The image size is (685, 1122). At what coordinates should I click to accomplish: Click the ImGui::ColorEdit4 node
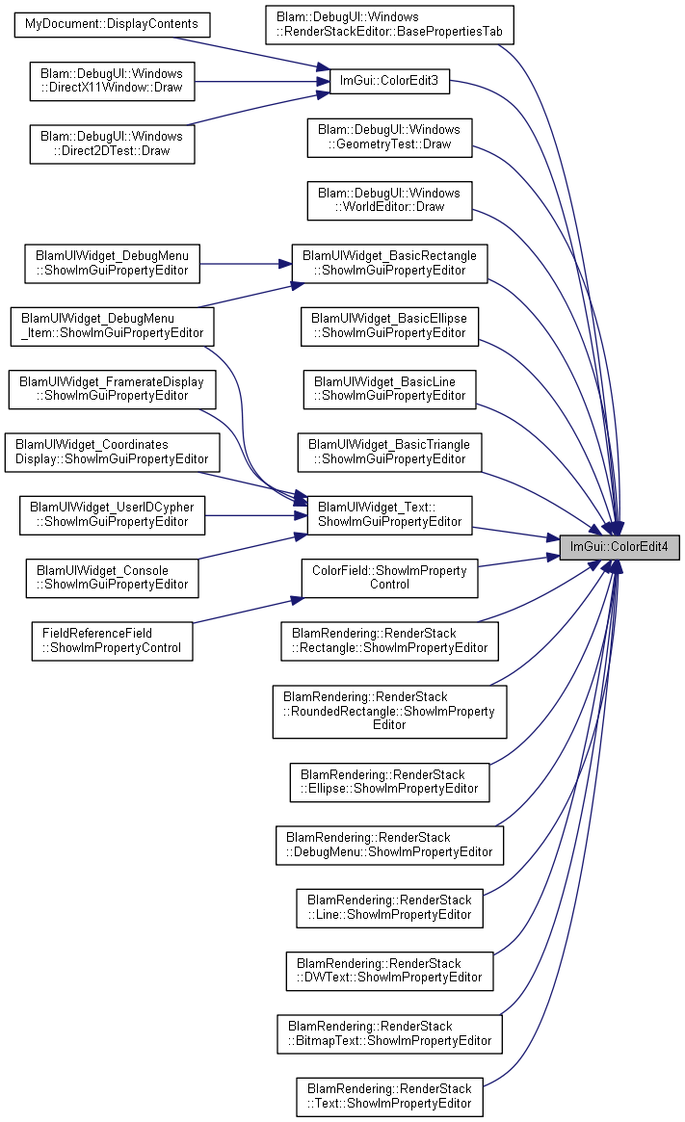tap(619, 547)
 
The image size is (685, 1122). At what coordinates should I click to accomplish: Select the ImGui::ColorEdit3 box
tap(389, 81)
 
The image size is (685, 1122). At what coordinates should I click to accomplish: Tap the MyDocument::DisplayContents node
tap(112, 24)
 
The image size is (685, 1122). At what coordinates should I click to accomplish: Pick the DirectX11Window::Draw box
tap(112, 81)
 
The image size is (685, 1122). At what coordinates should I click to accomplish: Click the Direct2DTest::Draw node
tap(112, 144)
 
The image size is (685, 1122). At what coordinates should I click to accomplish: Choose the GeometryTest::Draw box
tap(389, 138)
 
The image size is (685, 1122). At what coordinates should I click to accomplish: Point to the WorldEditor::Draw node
tap(389, 200)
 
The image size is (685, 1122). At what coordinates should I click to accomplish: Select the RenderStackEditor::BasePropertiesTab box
tap(389, 25)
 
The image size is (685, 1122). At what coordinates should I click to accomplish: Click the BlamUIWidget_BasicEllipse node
tap(389, 326)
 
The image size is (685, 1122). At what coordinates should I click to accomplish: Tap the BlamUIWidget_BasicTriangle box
tap(389, 453)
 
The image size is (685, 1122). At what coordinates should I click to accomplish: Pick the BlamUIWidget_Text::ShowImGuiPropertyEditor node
tap(389, 515)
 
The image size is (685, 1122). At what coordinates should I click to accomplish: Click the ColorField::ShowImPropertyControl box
tap(389, 578)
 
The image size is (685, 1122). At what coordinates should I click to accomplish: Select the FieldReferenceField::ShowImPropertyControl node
tap(112, 641)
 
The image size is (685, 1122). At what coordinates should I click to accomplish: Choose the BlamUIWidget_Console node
tap(112, 578)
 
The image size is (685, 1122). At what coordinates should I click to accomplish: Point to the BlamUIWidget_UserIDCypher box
tap(112, 515)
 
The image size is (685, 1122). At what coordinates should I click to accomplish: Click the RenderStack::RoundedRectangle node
tap(389, 712)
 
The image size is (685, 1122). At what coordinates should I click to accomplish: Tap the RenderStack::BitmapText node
tap(389, 1034)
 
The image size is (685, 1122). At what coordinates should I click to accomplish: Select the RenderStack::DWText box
tap(389, 971)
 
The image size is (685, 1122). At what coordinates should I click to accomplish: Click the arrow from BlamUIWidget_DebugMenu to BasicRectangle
tap(246, 264)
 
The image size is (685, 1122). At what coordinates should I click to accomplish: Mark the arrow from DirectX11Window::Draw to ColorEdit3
tap(262, 81)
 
